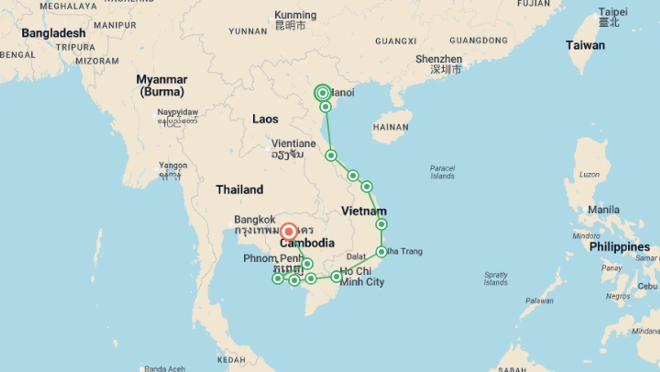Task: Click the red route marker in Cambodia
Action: [289, 231]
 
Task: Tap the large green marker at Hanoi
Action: [322, 93]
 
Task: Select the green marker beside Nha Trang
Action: [381, 252]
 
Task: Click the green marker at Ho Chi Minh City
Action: [336, 277]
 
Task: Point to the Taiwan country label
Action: [585, 45]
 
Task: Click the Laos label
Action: [265, 119]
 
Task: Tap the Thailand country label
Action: [240, 189]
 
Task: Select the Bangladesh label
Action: [54, 33]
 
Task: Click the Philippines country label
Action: [619, 247]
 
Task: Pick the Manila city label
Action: [604, 209]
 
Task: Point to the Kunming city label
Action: [295, 15]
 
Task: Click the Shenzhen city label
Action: [439, 59]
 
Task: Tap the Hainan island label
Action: [391, 127]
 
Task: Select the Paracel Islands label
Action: [442, 172]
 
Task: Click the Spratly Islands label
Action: [496, 278]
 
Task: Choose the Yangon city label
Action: [173, 165]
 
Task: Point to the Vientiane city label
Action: [294, 144]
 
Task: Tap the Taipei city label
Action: [613, 12]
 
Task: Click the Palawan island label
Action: [539, 301]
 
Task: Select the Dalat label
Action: [356, 257]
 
